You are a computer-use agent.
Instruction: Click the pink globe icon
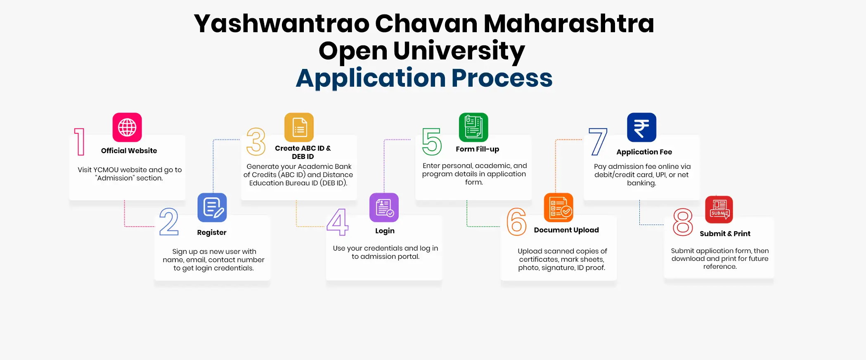[127, 127]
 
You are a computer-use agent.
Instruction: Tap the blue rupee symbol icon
[641, 127]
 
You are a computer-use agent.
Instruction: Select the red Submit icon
[719, 210]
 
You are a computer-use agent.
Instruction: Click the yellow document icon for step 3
[299, 127]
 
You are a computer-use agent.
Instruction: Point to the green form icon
[473, 127]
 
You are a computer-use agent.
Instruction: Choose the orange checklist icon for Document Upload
[558, 207]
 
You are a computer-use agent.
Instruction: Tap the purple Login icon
[384, 207]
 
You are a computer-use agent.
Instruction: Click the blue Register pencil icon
[212, 207]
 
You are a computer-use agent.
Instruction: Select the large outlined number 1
[79, 142]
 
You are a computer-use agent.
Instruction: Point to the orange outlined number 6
[516, 222]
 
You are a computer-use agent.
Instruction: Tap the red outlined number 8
[683, 222]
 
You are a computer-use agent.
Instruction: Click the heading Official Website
[129, 151]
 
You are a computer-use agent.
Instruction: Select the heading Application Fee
[644, 152]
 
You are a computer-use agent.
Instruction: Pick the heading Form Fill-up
[477, 149]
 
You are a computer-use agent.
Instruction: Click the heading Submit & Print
[725, 234]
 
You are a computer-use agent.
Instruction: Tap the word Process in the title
[502, 78]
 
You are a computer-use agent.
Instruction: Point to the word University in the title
[459, 51]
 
